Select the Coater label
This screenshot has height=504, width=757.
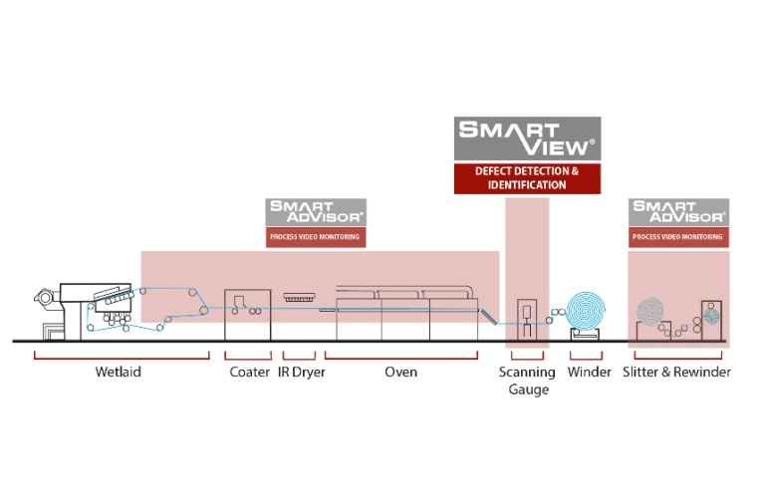249,373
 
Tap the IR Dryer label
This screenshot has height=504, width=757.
301,373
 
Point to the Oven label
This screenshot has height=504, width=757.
400,373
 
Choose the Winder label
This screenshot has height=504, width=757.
590,373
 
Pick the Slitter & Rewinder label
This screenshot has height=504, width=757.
681,373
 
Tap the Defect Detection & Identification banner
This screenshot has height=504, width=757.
526,178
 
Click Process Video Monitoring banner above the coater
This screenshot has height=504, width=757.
315,237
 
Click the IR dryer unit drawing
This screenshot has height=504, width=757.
300,297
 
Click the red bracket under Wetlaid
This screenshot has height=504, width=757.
122,356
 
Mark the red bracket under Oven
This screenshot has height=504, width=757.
400,356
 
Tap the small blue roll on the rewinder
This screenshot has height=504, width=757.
711,315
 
